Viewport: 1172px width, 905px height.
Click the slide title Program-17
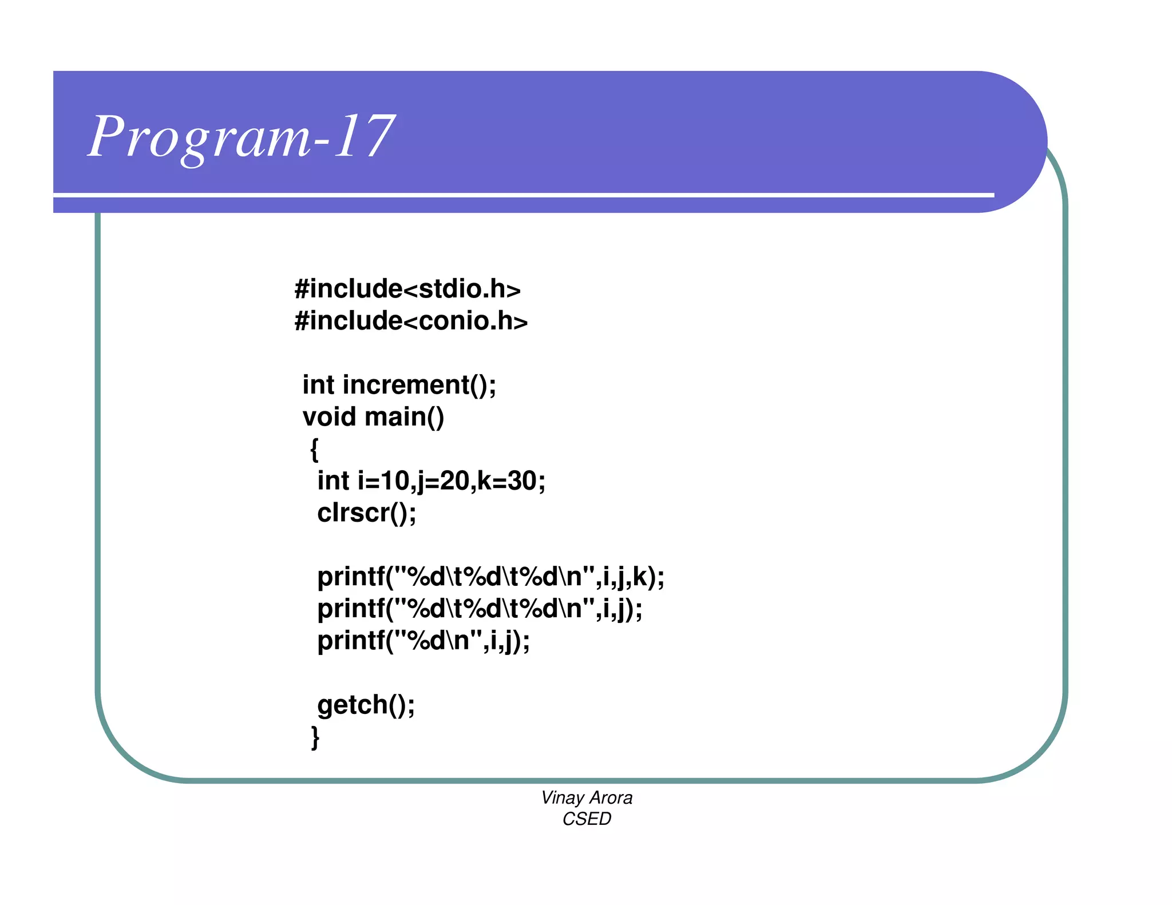pyautogui.click(x=241, y=137)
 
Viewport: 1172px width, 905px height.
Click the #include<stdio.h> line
pyautogui.click(x=407, y=289)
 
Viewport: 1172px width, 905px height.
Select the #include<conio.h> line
pyautogui.click(x=411, y=321)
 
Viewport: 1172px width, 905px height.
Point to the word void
pyautogui.click(x=329, y=417)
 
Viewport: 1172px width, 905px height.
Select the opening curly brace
pyautogui.click(x=314, y=450)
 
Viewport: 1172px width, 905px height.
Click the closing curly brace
pyautogui.click(x=315, y=737)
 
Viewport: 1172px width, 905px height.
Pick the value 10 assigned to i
pyautogui.click(x=395, y=481)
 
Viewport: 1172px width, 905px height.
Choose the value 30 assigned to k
pyautogui.click(x=522, y=481)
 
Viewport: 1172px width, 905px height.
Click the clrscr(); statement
pyautogui.click(x=367, y=513)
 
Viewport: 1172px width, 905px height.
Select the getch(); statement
pyautogui.click(x=366, y=705)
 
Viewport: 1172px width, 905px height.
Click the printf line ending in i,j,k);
pyautogui.click(x=491, y=577)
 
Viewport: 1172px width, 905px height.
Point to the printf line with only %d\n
pyautogui.click(x=423, y=641)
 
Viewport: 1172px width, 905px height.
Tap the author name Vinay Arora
pyautogui.click(x=587, y=797)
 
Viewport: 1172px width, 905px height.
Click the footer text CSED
pyautogui.click(x=587, y=819)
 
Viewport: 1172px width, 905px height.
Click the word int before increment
pyautogui.click(x=318, y=385)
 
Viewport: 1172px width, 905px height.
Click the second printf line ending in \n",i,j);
pyautogui.click(x=480, y=609)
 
